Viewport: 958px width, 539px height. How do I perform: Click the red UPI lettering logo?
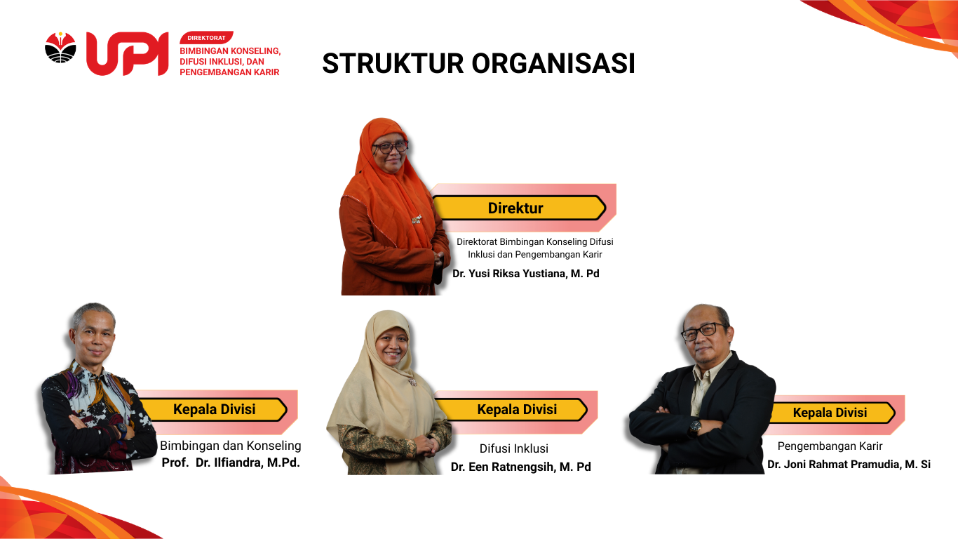[x=128, y=54]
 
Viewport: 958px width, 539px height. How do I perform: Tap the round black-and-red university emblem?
[x=60, y=47]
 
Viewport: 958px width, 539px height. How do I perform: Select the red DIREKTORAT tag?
[x=206, y=38]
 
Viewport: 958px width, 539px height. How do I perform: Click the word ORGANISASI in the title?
[x=553, y=63]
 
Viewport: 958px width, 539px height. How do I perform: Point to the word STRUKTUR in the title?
[x=393, y=63]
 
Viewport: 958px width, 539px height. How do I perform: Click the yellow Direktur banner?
[x=519, y=208]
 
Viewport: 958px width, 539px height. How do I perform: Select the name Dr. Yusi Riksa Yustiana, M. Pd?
[x=525, y=274]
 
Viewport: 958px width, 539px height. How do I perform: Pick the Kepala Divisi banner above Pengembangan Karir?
[x=832, y=413]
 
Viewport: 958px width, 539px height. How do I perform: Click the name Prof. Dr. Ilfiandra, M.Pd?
[x=231, y=463]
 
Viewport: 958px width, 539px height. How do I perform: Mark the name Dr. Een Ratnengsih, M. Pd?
[x=521, y=467]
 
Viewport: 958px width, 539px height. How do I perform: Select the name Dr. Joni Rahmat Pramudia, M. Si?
[x=849, y=465]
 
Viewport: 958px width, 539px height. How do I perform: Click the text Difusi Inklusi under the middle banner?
[x=513, y=448]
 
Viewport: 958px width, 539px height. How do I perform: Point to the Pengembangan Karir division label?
[x=830, y=446]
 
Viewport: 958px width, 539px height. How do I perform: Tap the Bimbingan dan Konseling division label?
[x=231, y=446]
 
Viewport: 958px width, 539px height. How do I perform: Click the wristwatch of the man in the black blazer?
[x=695, y=427]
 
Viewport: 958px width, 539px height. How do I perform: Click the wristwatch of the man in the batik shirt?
[x=122, y=429]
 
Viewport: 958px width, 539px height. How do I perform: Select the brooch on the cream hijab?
[x=412, y=381]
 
